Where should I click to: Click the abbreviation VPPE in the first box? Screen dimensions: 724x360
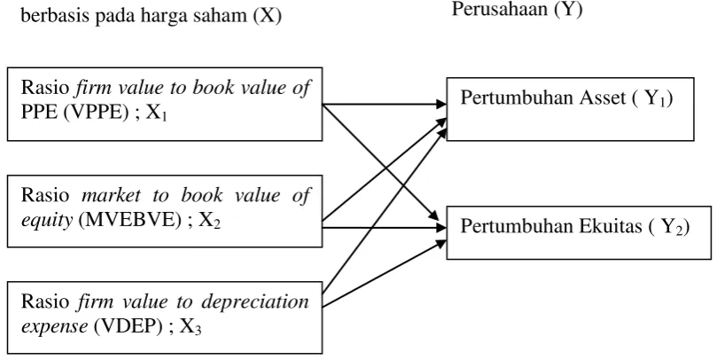click(x=95, y=113)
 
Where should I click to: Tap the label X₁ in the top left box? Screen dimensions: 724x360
click(x=157, y=113)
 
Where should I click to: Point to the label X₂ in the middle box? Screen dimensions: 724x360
click(x=210, y=223)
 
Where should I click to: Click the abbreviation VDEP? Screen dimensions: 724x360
click(x=128, y=326)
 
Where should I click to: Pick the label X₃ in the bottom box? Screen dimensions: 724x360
click(x=191, y=328)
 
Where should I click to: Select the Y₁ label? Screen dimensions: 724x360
click(x=656, y=99)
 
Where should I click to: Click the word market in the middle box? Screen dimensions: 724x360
click(x=111, y=195)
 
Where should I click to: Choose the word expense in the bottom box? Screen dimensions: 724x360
click(x=54, y=327)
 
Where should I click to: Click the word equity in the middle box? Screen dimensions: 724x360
click(x=47, y=222)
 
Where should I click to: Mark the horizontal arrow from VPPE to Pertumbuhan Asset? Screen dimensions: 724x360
click(x=385, y=105)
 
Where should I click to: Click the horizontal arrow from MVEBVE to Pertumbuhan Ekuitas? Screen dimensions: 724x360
click(x=385, y=227)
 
